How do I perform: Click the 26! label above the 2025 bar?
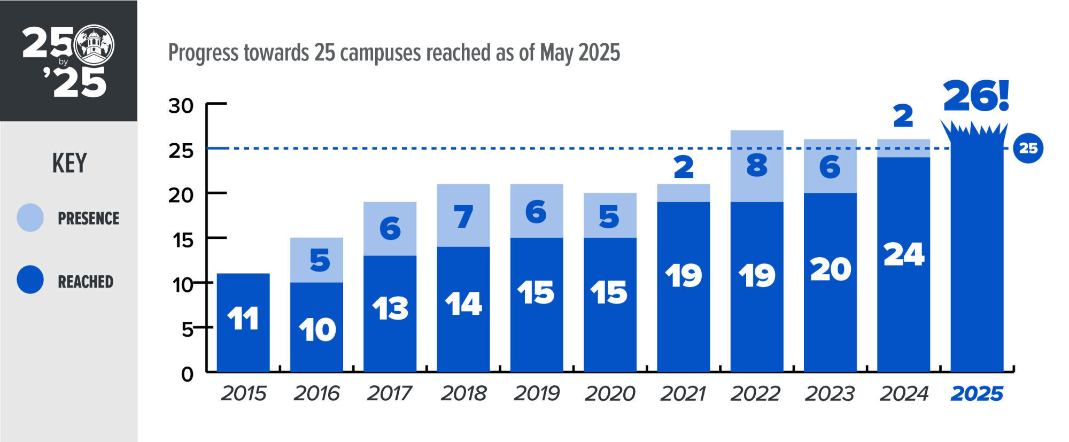975,97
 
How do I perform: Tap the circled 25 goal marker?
1028,148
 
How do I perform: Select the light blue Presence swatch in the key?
30,218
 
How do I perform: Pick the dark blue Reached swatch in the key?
30,280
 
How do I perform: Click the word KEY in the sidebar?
69,163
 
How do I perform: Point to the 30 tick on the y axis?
181,106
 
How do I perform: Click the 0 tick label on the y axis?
187,374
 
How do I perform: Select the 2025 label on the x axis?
977,394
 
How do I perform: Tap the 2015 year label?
243,394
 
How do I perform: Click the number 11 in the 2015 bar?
243,319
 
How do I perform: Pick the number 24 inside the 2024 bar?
903,254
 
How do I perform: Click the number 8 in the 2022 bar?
757,166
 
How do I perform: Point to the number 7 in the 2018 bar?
463,217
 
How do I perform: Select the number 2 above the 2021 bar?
684,167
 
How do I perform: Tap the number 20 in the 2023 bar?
830,269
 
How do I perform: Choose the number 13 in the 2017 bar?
390,308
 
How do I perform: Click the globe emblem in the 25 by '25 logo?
95,45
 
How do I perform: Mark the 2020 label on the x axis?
610,394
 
